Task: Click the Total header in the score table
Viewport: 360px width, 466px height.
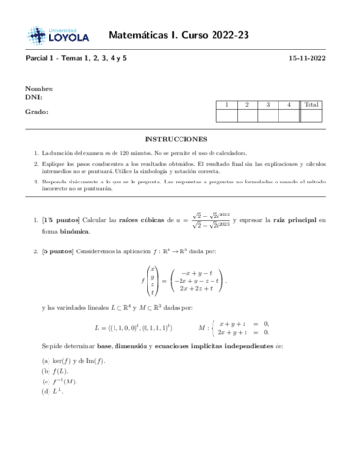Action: coord(311,104)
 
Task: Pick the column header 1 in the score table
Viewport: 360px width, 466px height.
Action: coord(226,104)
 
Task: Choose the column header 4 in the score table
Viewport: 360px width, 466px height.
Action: coord(289,104)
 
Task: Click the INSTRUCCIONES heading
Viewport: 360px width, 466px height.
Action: coord(180,139)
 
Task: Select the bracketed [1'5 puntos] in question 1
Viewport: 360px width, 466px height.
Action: coord(70,221)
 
